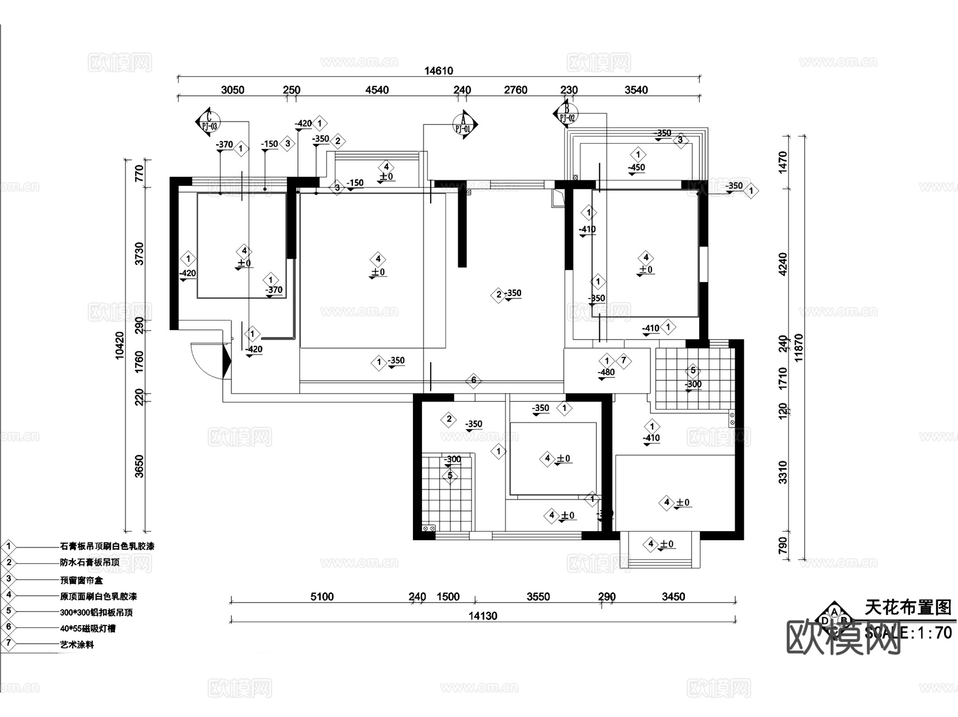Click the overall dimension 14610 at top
pyautogui.click(x=439, y=71)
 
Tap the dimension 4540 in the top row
pyautogui.click(x=377, y=90)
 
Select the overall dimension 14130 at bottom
pyautogui.click(x=483, y=616)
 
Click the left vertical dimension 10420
pyautogui.click(x=120, y=345)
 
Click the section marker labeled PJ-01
pyautogui.click(x=463, y=125)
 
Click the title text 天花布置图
pyautogui.click(x=907, y=607)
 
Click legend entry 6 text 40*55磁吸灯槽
pyautogui.click(x=87, y=629)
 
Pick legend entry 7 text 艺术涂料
pyautogui.click(x=77, y=645)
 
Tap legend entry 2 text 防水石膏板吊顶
pyautogui.click(x=89, y=563)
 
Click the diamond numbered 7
pyautogui.click(x=624, y=361)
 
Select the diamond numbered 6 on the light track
pyautogui.click(x=473, y=380)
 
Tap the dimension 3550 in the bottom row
pyautogui.click(x=538, y=597)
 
